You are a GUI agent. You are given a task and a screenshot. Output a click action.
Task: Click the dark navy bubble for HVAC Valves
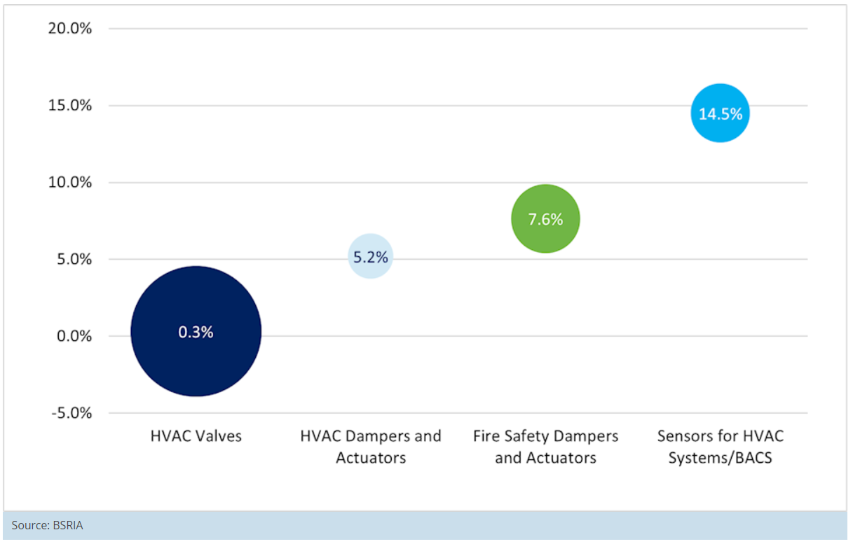tap(196, 331)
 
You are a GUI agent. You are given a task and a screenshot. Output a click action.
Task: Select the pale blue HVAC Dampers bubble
tap(371, 256)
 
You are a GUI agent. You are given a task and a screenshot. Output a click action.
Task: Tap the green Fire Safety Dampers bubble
tap(546, 218)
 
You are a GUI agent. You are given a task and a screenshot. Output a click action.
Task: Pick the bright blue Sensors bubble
tap(721, 113)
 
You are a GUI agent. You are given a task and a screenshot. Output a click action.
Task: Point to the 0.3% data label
tap(196, 332)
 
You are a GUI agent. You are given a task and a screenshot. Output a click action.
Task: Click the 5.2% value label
tap(371, 257)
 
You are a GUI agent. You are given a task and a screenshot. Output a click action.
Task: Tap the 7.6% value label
tap(546, 219)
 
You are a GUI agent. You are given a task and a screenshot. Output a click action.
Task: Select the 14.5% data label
tap(721, 113)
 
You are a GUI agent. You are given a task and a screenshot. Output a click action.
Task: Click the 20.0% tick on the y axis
tap(70, 29)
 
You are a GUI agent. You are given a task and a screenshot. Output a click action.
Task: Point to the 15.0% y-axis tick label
tap(70, 106)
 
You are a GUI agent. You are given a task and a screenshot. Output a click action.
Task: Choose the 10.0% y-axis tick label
tap(70, 182)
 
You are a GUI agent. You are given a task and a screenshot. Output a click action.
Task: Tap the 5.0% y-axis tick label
tap(74, 259)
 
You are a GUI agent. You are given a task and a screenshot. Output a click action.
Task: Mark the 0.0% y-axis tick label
tap(74, 336)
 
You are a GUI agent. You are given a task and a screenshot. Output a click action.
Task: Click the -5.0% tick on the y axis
tap(72, 413)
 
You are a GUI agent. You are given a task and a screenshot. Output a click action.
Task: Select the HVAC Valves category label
tap(196, 436)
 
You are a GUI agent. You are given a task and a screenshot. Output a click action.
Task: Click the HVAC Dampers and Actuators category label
tap(371, 447)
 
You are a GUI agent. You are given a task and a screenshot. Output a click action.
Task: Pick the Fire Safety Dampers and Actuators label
tap(546, 447)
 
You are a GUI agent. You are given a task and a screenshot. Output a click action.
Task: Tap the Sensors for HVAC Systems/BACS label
tap(721, 447)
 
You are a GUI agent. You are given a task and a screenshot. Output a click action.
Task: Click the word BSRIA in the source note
tap(68, 525)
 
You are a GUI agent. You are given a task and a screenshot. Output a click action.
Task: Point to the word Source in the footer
tap(30, 525)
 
